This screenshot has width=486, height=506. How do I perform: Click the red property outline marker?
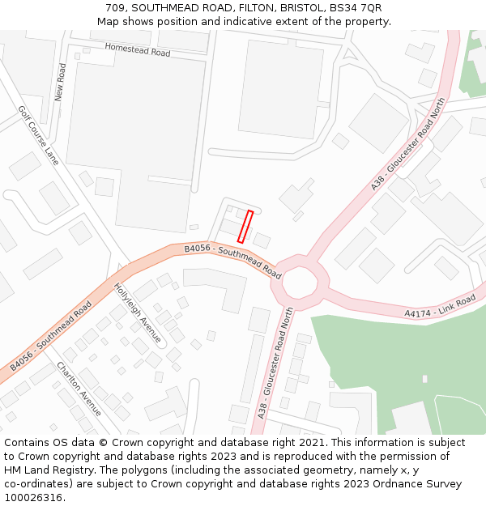(x=245, y=227)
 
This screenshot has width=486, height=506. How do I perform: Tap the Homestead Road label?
(x=138, y=50)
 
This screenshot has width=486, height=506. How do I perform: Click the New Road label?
(x=61, y=83)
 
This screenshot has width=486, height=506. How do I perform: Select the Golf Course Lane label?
(x=39, y=135)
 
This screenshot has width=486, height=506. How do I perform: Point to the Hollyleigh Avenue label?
(x=138, y=312)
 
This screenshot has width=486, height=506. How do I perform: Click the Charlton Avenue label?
(x=79, y=389)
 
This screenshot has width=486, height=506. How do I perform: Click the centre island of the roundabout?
(x=301, y=283)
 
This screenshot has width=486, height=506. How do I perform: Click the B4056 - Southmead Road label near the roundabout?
(x=232, y=262)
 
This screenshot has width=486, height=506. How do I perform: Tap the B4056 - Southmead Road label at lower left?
(x=51, y=337)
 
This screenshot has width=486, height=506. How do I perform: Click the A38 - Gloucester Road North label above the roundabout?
(x=408, y=145)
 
